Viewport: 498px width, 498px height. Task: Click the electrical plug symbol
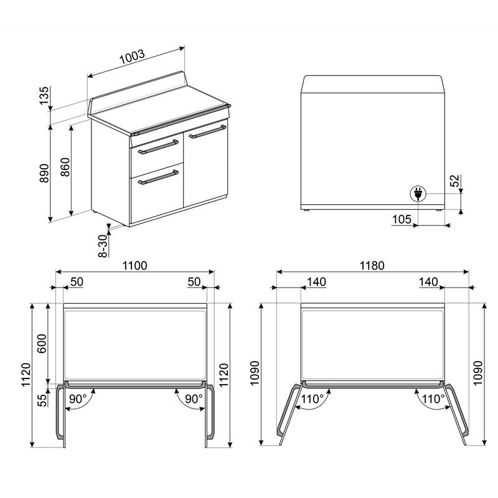416,194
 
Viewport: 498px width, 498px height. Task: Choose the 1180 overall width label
371,265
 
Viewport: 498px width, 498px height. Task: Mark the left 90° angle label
78,398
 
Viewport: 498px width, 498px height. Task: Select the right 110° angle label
433,398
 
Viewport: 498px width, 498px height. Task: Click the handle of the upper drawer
158,146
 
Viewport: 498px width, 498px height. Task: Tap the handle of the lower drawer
158,179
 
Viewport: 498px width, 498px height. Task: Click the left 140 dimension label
316,282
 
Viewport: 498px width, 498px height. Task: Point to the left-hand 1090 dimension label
255,374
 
